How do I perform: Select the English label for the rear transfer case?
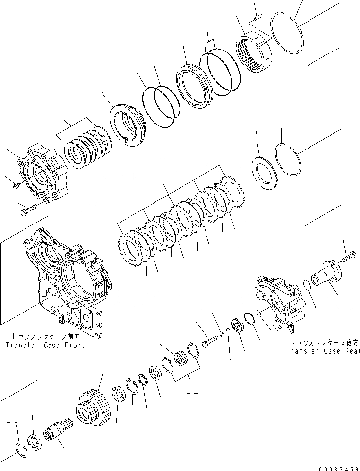[323, 350]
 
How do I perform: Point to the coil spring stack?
[88, 148]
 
